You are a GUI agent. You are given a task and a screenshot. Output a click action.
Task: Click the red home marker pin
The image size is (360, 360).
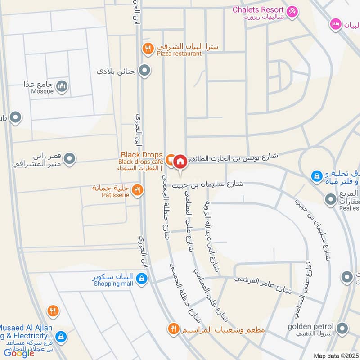180,161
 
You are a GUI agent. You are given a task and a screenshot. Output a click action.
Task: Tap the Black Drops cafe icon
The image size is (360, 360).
170,159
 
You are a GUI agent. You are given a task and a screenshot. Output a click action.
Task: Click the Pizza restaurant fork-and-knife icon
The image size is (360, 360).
148,48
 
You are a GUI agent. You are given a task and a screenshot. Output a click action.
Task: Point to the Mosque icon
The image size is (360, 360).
63,86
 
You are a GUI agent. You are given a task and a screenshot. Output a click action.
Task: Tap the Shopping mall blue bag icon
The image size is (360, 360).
142,278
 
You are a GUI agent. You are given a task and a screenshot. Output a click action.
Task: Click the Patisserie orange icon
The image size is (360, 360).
139,190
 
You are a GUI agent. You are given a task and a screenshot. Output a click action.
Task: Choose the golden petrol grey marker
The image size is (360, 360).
343,328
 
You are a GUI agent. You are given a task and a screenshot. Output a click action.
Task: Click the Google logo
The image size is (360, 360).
19,353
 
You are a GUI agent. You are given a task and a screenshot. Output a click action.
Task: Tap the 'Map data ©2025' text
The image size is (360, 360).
336,355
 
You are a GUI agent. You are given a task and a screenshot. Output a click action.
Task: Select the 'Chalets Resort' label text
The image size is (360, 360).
258,9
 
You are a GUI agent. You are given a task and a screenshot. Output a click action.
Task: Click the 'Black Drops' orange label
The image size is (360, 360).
142,155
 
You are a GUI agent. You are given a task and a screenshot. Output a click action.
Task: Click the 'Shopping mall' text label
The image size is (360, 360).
114,284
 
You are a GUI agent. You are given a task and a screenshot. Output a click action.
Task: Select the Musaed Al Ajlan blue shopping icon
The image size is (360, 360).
62,336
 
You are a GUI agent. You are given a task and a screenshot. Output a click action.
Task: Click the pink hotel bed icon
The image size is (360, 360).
335,23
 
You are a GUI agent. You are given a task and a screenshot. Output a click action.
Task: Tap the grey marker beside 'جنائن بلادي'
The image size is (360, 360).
144,71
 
